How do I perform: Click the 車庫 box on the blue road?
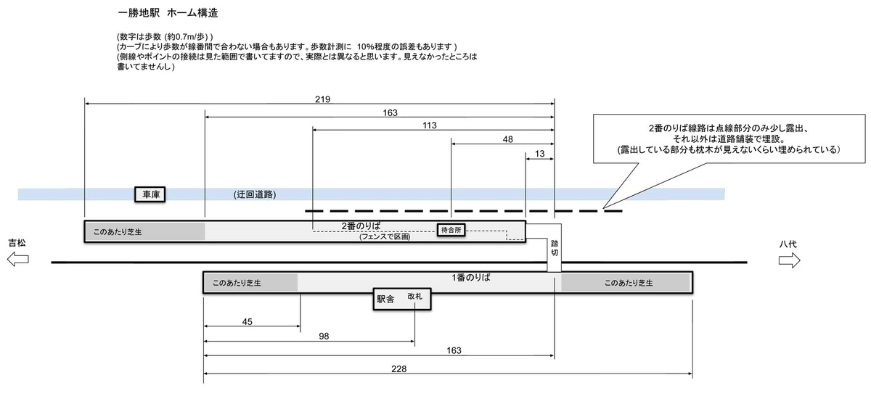pos(152,194)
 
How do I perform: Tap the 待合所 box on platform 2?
pos(451,230)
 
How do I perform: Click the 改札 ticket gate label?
pos(414,297)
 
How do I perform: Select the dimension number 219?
pos(322,99)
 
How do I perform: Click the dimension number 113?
pos(429,125)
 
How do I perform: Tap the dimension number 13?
pos(539,153)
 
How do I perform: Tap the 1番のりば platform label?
pos(469,278)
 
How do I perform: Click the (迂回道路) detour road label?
pos(255,194)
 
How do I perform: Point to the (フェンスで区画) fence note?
pos(385,237)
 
